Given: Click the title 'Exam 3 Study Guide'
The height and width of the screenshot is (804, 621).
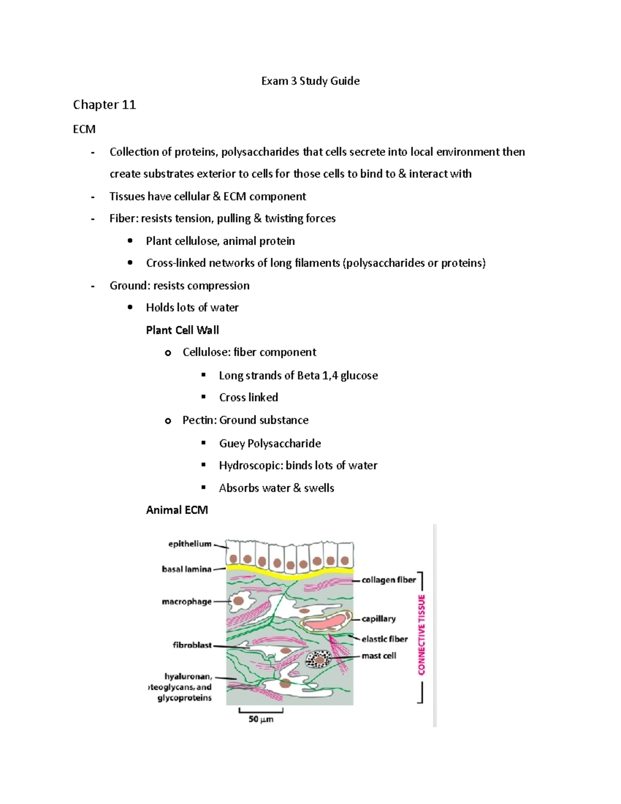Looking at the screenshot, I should (310, 81).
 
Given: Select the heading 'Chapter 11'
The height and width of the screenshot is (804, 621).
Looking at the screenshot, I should (104, 105).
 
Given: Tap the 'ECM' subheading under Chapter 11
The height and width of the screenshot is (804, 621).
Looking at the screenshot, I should (84, 129).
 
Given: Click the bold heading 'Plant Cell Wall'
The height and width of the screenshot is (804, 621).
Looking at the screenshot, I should (182, 330).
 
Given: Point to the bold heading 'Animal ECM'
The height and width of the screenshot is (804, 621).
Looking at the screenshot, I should (176, 510).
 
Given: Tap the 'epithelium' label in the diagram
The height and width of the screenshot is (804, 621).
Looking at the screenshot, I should (190, 544).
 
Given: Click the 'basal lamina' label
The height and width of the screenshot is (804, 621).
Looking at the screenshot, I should (186, 569).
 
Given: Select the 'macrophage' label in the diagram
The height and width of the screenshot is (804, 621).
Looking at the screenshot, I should (186, 602).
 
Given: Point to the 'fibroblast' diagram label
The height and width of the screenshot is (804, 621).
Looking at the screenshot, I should (192, 645).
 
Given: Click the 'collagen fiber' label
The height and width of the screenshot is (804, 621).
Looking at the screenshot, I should (389, 580).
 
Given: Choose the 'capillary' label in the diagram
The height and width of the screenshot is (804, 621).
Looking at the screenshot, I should (378, 619).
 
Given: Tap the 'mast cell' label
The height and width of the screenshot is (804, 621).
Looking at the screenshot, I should (379, 655).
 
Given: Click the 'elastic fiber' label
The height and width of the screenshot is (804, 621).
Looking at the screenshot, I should (385, 639).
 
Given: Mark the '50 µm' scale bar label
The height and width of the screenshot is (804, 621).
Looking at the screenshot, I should (261, 719).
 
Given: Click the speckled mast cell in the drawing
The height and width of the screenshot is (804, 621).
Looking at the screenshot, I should (319, 660).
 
